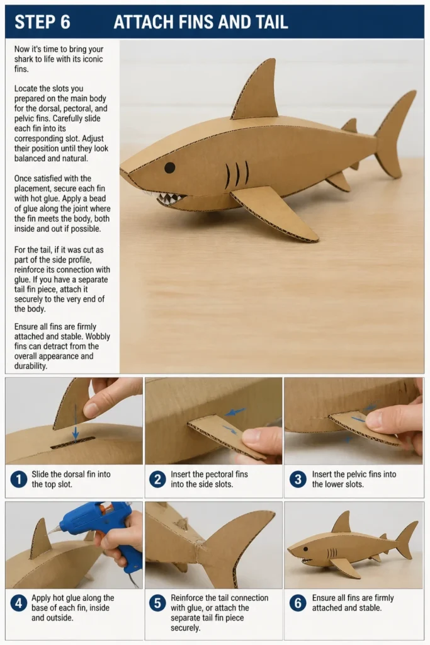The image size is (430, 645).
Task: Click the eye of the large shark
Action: pyautogui.click(x=170, y=168)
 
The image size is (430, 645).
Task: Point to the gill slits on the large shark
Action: pyautogui.click(x=237, y=174)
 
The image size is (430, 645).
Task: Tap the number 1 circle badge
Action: pyautogui.click(x=18, y=479)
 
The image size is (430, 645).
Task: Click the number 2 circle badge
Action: pyautogui.click(x=157, y=479)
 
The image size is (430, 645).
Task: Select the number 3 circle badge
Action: pyautogui.click(x=298, y=479)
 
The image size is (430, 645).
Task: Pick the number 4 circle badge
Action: pyautogui.click(x=18, y=603)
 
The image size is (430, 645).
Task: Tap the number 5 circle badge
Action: pyautogui.click(x=157, y=603)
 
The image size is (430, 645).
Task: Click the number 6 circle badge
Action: pyautogui.click(x=298, y=603)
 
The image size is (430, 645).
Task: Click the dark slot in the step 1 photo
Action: pyautogui.click(x=73, y=443)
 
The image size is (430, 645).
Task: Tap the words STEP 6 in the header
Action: pyautogui.click(x=42, y=22)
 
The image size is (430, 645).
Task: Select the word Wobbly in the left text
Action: pyautogui.click(x=98, y=336)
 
